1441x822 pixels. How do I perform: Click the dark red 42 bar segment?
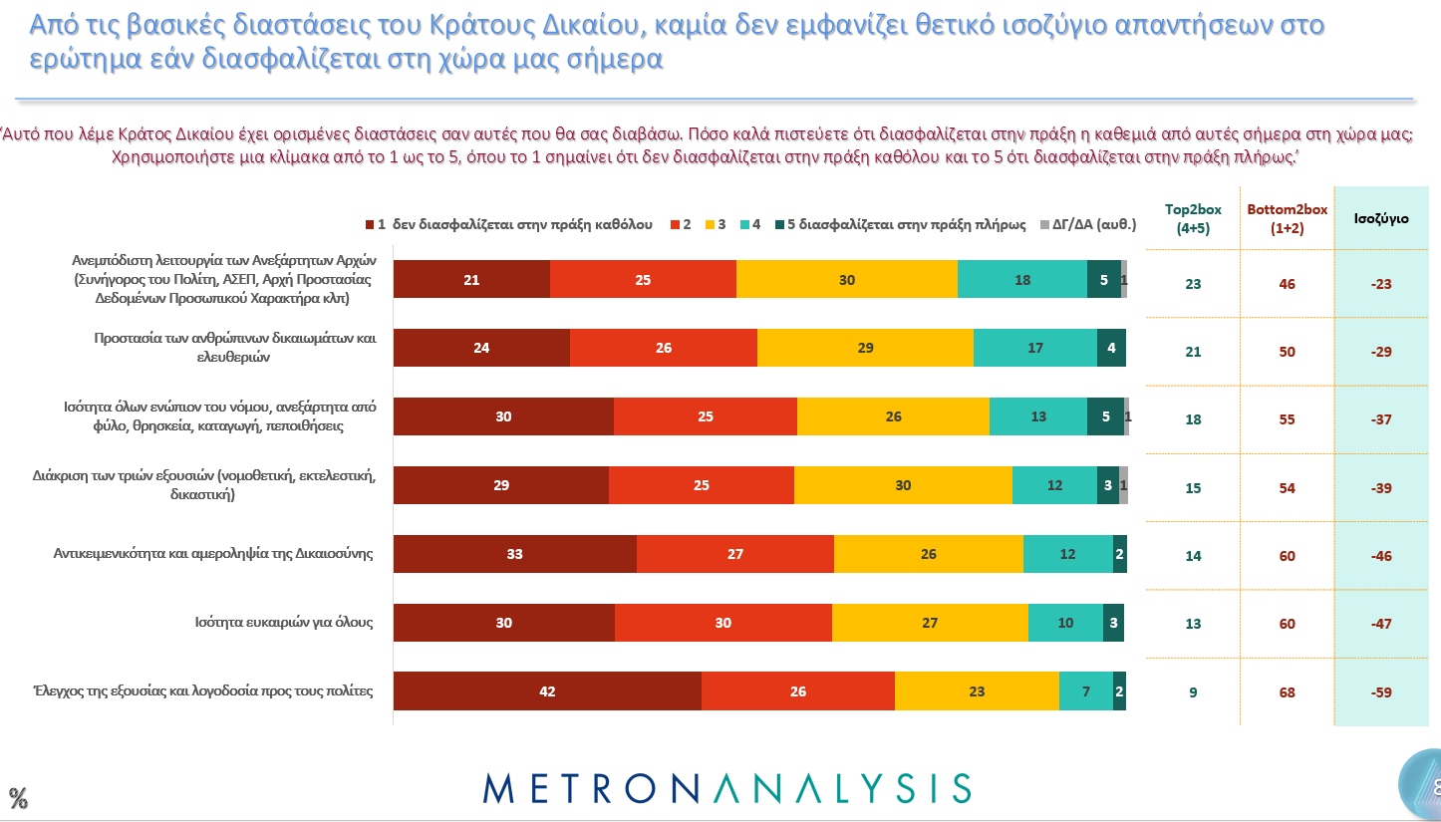(x=547, y=691)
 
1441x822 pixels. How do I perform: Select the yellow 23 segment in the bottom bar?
(x=977, y=691)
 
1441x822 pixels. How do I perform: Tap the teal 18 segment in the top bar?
(x=1021, y=280)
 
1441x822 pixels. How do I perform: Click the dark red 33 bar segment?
(x=514, y=554)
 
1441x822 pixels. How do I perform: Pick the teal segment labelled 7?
(x=1085, y=691)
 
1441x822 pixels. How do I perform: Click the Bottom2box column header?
(x=1287, y=217)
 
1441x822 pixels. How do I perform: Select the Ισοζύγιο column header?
(x=1380, y=218)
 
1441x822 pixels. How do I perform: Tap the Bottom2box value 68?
(x=1288, y=692)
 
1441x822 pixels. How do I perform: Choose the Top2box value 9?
(x=1193, y=692)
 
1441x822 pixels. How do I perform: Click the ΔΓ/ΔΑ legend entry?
(x=1093, y=224)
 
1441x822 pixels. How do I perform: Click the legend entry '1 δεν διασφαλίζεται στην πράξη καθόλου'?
(x=508, y=224)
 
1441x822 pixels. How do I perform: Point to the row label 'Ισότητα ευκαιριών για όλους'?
(x=283, y=623)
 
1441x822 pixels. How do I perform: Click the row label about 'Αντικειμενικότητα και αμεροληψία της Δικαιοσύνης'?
(x=212, y=554)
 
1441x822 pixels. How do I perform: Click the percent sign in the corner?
(x=18, y=797)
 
